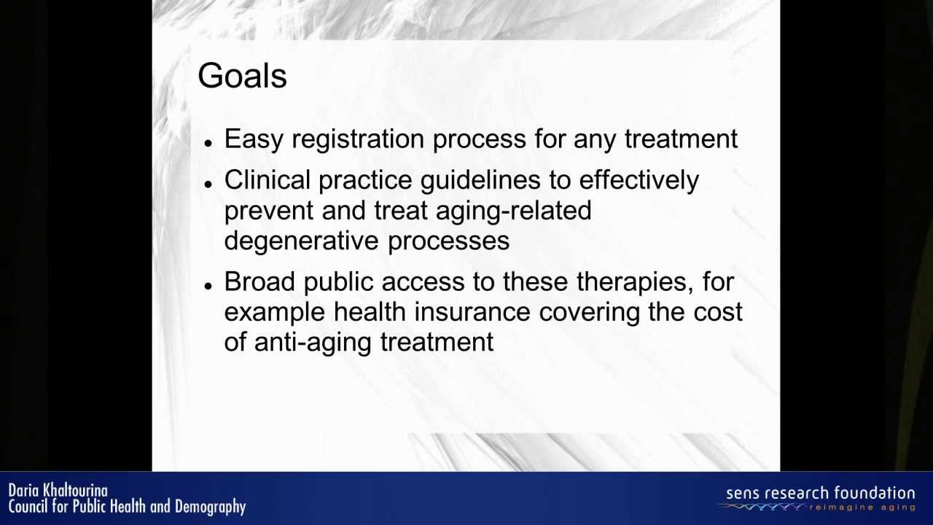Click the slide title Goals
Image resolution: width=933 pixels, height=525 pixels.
pyautogui.click(x=242, y=77)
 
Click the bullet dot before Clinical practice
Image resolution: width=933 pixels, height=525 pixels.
pyautogui.click(x=208, y=185)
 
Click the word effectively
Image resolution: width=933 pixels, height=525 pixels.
pyautogui.click(x=639, y=180)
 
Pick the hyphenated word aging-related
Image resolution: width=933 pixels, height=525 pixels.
pyautogui.click(x=513, y=211)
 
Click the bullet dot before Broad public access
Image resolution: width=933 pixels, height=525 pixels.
pyautogui.click(x=208, y=287)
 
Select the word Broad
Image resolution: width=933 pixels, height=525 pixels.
pyautogui.click(x=259, y=282)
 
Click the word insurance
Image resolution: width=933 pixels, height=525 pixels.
pyautogui.click(x=472, y=312)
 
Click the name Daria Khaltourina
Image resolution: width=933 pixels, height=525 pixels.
pyautogui.click(x=58, y=490)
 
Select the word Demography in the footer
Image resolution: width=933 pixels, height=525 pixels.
pyautogui.click(x=211, y=506)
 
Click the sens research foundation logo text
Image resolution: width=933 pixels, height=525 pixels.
pyautogui.click(x=820, y=493)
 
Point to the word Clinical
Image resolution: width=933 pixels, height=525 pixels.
pyautogui.click(x=267, y=180)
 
